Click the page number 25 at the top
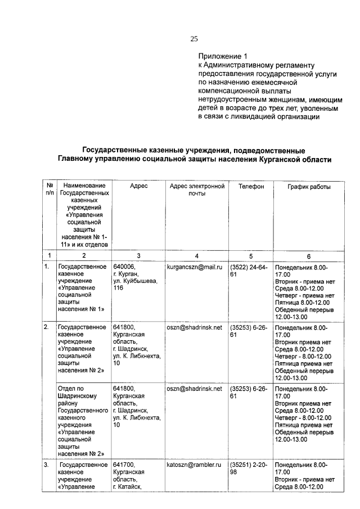pyautogui.click(x=194, y=39)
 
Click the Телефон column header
pyautogui.click(x=251, y=186)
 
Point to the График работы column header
pyautogui.click(x=309, y=186)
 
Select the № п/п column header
pyautogui.click(x=49, y=190)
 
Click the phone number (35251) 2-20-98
pyautogui.click(x=249, y=469)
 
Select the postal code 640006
pyautogui.click(x=124, y=266)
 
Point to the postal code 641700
pyautogui.click(x=124, y=465)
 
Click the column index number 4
pyautogui.click(x=196, y=256)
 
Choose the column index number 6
pyautogui.click(x=309, y=256)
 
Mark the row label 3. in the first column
pyautogui.click(x=47, y=465)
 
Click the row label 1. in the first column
pyautogui.click(x=47, y=266)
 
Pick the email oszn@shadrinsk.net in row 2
pyautogui.click(x=194, y=327)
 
